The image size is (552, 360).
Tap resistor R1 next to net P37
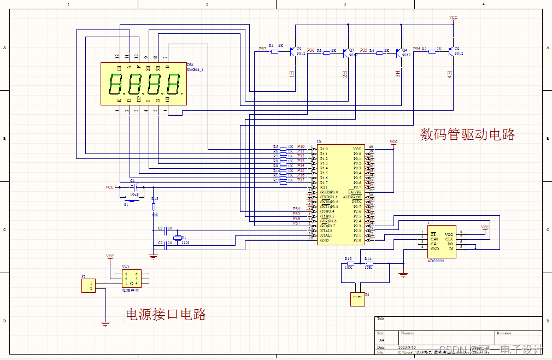pos(274,51)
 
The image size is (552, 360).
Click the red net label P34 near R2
pos(417,49)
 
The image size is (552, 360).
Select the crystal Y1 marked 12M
pos(176,237)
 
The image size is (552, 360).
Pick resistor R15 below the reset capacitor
pos(154,206)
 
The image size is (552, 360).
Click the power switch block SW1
pos(131,279)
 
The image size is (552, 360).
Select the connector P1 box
pos(88,285)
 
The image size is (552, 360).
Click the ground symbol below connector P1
pos(105,323)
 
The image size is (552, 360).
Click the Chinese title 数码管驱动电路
pos(467,134)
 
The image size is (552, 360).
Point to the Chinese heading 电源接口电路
pos(166,314)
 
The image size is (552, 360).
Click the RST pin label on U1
pos(324,187)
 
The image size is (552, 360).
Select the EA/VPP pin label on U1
pos(355,192)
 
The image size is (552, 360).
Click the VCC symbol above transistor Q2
pos(453,19)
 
